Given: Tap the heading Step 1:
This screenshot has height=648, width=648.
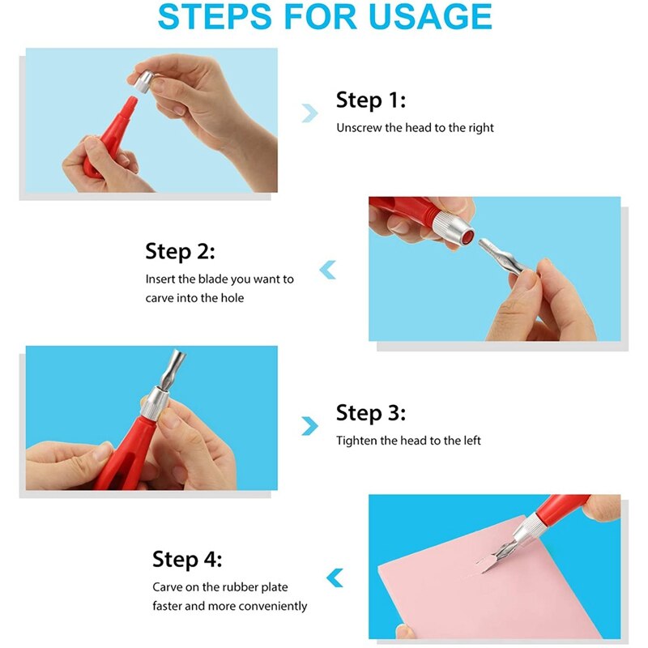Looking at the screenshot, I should point(370,100).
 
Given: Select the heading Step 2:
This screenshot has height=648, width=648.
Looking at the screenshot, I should point(180,251).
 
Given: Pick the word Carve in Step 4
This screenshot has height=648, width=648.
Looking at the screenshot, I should point(168,587).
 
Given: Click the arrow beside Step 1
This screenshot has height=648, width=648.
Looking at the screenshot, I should point(309,113).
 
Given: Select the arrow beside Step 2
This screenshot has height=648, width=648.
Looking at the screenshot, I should point(327,270).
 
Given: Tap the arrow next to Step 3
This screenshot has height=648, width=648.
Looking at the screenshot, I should point(309,426).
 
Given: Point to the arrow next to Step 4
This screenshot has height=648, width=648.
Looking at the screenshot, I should point(334,578).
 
